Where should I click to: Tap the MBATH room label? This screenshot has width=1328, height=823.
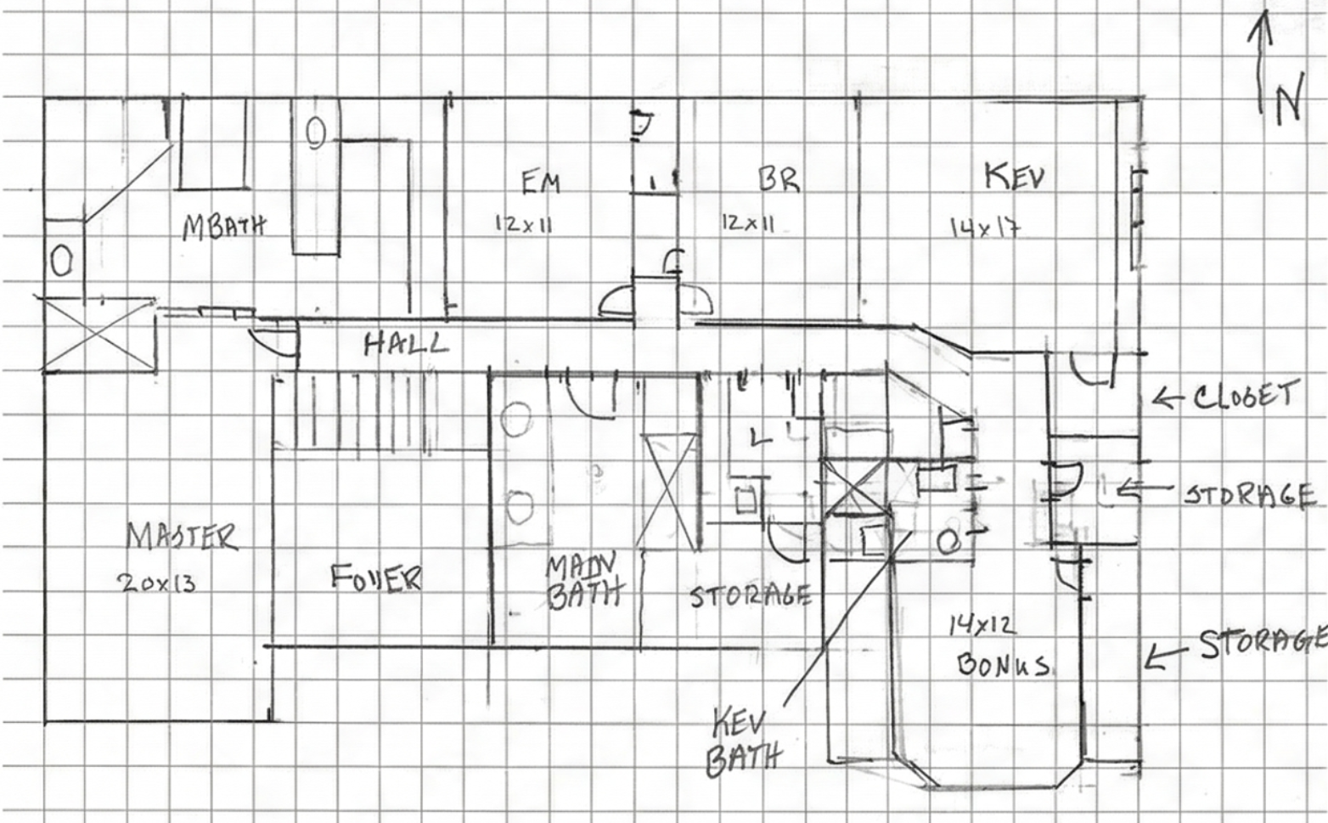[224, 225]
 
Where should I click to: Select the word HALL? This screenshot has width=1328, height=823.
[406, 344]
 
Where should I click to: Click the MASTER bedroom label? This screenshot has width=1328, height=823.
[182, 537]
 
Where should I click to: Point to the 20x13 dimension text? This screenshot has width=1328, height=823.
[157, 583]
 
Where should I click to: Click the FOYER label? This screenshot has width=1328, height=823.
[375, 578]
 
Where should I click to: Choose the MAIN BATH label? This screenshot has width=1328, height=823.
[584, 581]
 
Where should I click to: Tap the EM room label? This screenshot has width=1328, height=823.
[540, 182]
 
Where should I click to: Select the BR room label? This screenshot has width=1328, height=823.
[778, 179]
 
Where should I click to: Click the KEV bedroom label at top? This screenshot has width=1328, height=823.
[1014, 177]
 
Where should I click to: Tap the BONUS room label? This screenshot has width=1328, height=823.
[1003, 663]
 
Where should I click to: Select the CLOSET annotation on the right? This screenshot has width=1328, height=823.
[1246, 396]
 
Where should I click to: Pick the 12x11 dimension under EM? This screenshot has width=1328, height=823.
[524, 224]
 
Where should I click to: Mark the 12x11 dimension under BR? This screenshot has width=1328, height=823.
[748, 223]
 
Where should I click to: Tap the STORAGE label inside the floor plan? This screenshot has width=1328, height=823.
[750, 595]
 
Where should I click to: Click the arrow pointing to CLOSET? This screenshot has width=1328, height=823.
[1170, 397]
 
